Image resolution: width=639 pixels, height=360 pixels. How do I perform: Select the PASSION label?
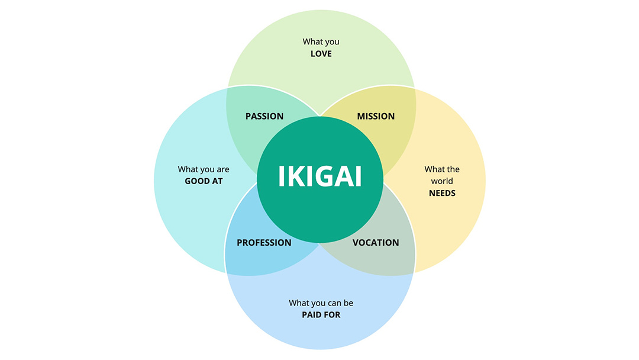[264, 116]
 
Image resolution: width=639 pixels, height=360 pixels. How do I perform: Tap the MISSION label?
[376, 116]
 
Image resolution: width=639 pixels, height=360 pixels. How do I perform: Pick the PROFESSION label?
[264, 242]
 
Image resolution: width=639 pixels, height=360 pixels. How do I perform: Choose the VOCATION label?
[376, 242]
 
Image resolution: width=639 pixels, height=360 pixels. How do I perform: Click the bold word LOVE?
[321, 54]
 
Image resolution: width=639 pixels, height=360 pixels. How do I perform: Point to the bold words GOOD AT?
[204, 181]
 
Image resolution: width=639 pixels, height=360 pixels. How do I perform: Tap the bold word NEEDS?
[442, 193]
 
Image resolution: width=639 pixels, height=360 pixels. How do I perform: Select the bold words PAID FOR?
[321, 314]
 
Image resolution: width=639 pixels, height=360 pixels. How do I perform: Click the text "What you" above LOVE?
[321, 42]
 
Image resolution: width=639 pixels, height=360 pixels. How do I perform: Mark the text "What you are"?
[204, 169]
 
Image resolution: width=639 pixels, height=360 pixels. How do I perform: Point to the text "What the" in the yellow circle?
[442, 169]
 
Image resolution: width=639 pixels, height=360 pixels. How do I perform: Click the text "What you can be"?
[321, 303]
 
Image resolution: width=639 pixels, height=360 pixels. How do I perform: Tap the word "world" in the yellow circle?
[442, 181]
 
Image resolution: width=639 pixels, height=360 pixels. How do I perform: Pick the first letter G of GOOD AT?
[188, 181]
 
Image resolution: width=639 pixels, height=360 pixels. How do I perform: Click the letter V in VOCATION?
[356, 242]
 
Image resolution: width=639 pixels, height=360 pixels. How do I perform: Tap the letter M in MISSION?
[361, 116]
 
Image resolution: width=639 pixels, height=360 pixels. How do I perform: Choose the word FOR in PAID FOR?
[332, 314]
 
